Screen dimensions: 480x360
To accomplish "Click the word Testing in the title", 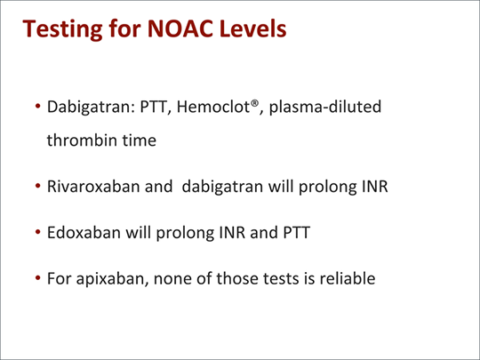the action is click(x=62, y=29).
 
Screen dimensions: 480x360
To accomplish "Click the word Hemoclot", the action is click(x=213, y=107).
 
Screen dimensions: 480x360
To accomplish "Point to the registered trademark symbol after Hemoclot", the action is click(x=254, y=103).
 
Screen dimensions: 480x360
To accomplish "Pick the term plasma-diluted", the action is click(x=325, y=108).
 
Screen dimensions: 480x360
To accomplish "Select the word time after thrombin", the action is click(x=140, y=140).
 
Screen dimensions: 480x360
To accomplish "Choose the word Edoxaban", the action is click(x=84, y=232).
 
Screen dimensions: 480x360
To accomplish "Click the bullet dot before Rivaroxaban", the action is click(x=38, y=186).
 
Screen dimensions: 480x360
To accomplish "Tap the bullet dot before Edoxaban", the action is click(x=38, y=232).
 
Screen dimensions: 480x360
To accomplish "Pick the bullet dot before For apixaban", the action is click(x=38, y=278).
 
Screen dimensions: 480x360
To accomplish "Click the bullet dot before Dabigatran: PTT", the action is click(x=38, y=107).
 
